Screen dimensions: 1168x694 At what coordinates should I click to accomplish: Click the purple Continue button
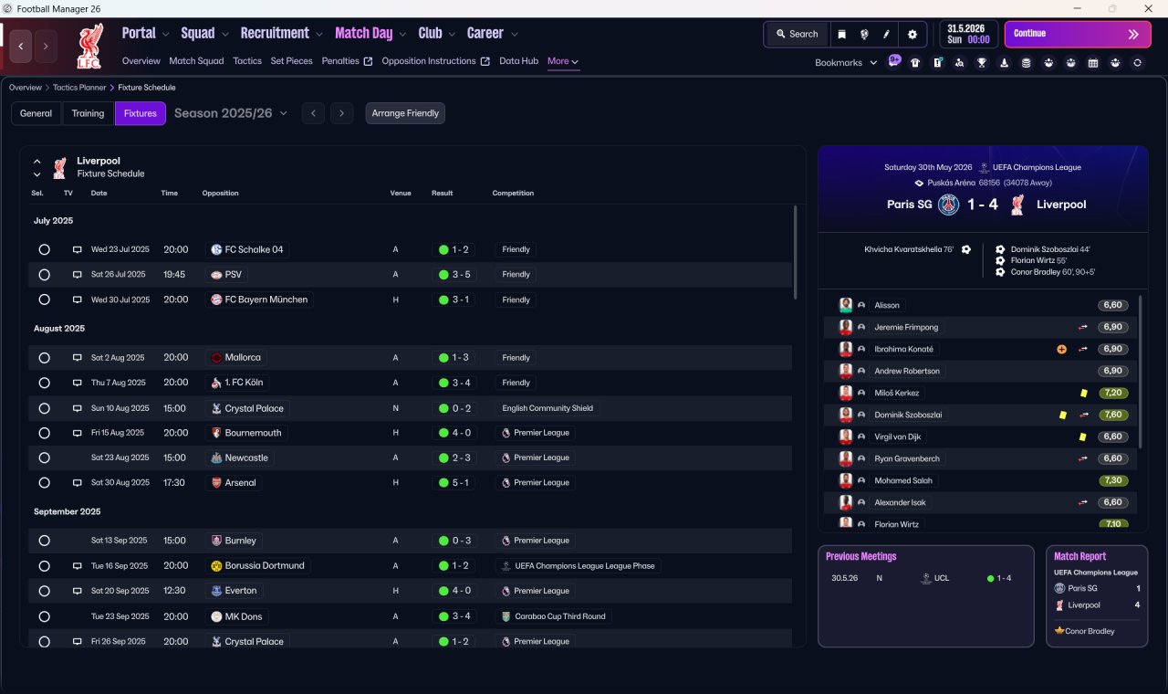[1078, 34]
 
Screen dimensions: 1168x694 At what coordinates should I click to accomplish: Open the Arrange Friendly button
[405, 113]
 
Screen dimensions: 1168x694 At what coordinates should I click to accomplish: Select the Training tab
[88, 113]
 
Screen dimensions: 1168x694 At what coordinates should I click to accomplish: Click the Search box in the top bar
[797, 34]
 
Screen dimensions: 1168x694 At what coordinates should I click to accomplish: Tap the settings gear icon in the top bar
[912, 35]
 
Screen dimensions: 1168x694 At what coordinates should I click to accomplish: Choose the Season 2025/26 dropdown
[231, 113]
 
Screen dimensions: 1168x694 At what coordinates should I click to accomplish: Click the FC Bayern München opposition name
[266, 300]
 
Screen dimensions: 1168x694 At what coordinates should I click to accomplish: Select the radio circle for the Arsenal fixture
[45, 483]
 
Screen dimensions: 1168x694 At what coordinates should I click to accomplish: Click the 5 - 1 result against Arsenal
[460, 483]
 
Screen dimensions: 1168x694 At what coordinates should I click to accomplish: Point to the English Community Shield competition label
[547, 408]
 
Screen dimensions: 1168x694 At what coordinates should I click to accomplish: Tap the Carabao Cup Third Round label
[560, 616]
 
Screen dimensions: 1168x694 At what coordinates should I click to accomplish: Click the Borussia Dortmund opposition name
[265, 565]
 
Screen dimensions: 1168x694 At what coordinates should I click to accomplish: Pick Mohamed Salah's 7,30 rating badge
[1112, 480]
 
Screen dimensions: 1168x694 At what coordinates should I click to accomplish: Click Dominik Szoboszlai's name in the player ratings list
[908, 415]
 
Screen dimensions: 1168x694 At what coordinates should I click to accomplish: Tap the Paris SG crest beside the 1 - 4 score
[948, 205]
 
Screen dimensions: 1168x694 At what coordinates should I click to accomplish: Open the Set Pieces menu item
[291, 61]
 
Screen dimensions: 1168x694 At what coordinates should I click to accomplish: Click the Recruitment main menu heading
[275, 34]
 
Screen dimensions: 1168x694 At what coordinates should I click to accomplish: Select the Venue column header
[401, 193]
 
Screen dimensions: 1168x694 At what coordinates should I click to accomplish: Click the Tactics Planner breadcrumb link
[79, 88]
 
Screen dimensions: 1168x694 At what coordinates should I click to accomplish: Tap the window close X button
[1148, 9]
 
